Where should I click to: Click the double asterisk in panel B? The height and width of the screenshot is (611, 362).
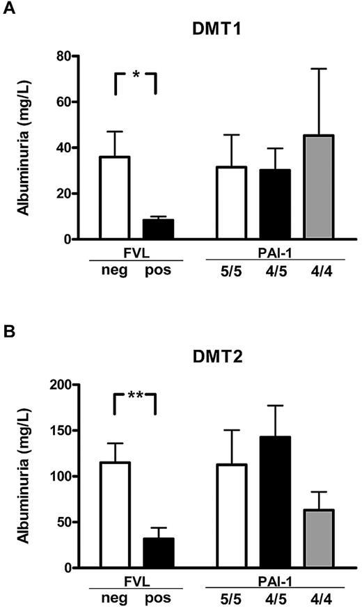[135, 396]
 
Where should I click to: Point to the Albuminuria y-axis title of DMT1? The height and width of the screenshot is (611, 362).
[23, 147]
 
